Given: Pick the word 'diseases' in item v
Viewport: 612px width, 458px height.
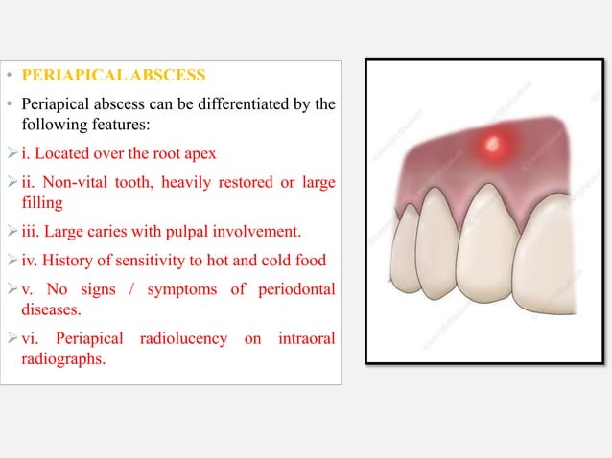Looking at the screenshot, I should tap(50, 309).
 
